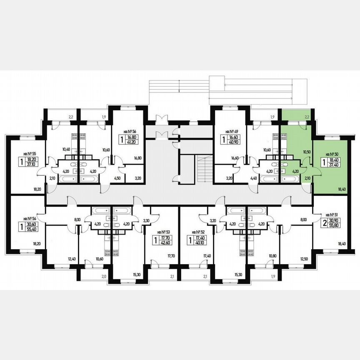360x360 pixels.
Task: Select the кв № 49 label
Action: (x=231, y=130)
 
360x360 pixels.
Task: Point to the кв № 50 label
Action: (x=332, y=154)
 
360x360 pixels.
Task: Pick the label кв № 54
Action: (x=30, y=218)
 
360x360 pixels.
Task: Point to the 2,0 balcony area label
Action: (x=104, y=276)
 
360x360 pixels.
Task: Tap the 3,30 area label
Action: (x=146, y=220)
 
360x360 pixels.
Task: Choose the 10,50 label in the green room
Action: (x=307, y=152)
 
